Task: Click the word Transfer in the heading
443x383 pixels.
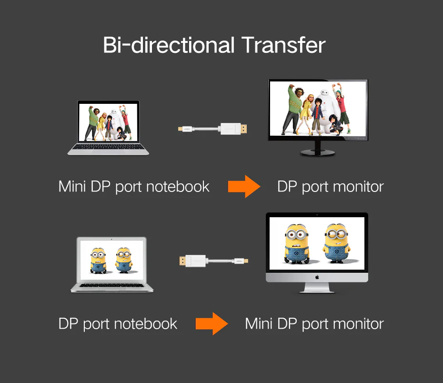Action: point(283,45)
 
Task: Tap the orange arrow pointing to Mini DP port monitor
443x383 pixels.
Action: point(211,324)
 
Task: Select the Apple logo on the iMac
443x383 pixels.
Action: point(317,277)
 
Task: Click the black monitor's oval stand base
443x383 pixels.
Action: point(318,153)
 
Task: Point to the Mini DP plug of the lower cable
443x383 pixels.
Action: point(242,261)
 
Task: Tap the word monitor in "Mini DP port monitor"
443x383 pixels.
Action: point(358,324)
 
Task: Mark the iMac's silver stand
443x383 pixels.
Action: point(317,288)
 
